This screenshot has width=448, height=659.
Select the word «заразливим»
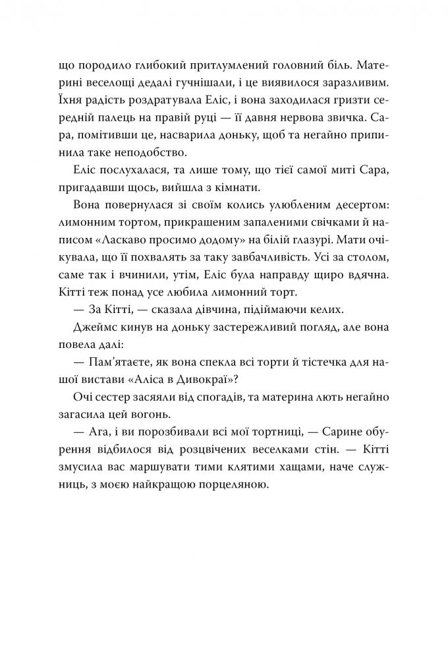click(x=337, y=84)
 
